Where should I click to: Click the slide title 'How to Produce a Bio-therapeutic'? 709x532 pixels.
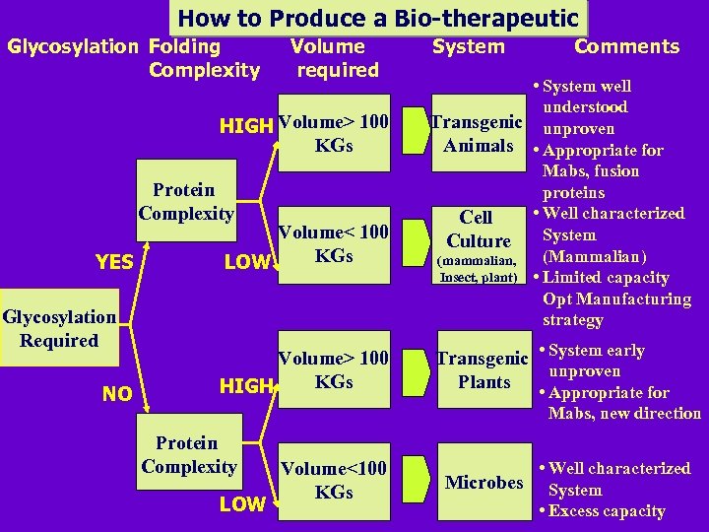pyautogui.click(x=379, y=18)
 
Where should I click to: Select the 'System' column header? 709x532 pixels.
pyautogui.click(x=469, y=46)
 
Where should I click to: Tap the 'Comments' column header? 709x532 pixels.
pyautogui.click(x=626, y=46)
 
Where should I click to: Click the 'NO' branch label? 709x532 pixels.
pyautogui.click(x=117, y=394)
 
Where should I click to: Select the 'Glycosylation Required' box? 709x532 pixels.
pyautogui.click(x=59, y=329)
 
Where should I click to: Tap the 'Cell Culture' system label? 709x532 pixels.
pyautogui.click(x=478, y=229)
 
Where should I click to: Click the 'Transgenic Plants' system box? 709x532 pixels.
pyautogui.click(x=483, y=370)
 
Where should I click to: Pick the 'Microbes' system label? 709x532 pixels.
pyautogui.click(x=483, y=482)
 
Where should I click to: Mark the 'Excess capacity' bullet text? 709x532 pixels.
pyautogui.click(x=607, y=511)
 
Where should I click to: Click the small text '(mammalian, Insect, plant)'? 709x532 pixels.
pyautogui.click(x=478, y=269)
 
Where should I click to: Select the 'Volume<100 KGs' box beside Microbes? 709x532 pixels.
pyautogui.click(x=334, y=480)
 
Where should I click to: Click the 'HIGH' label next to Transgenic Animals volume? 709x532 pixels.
pyautogui.click(x=245, y=126)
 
